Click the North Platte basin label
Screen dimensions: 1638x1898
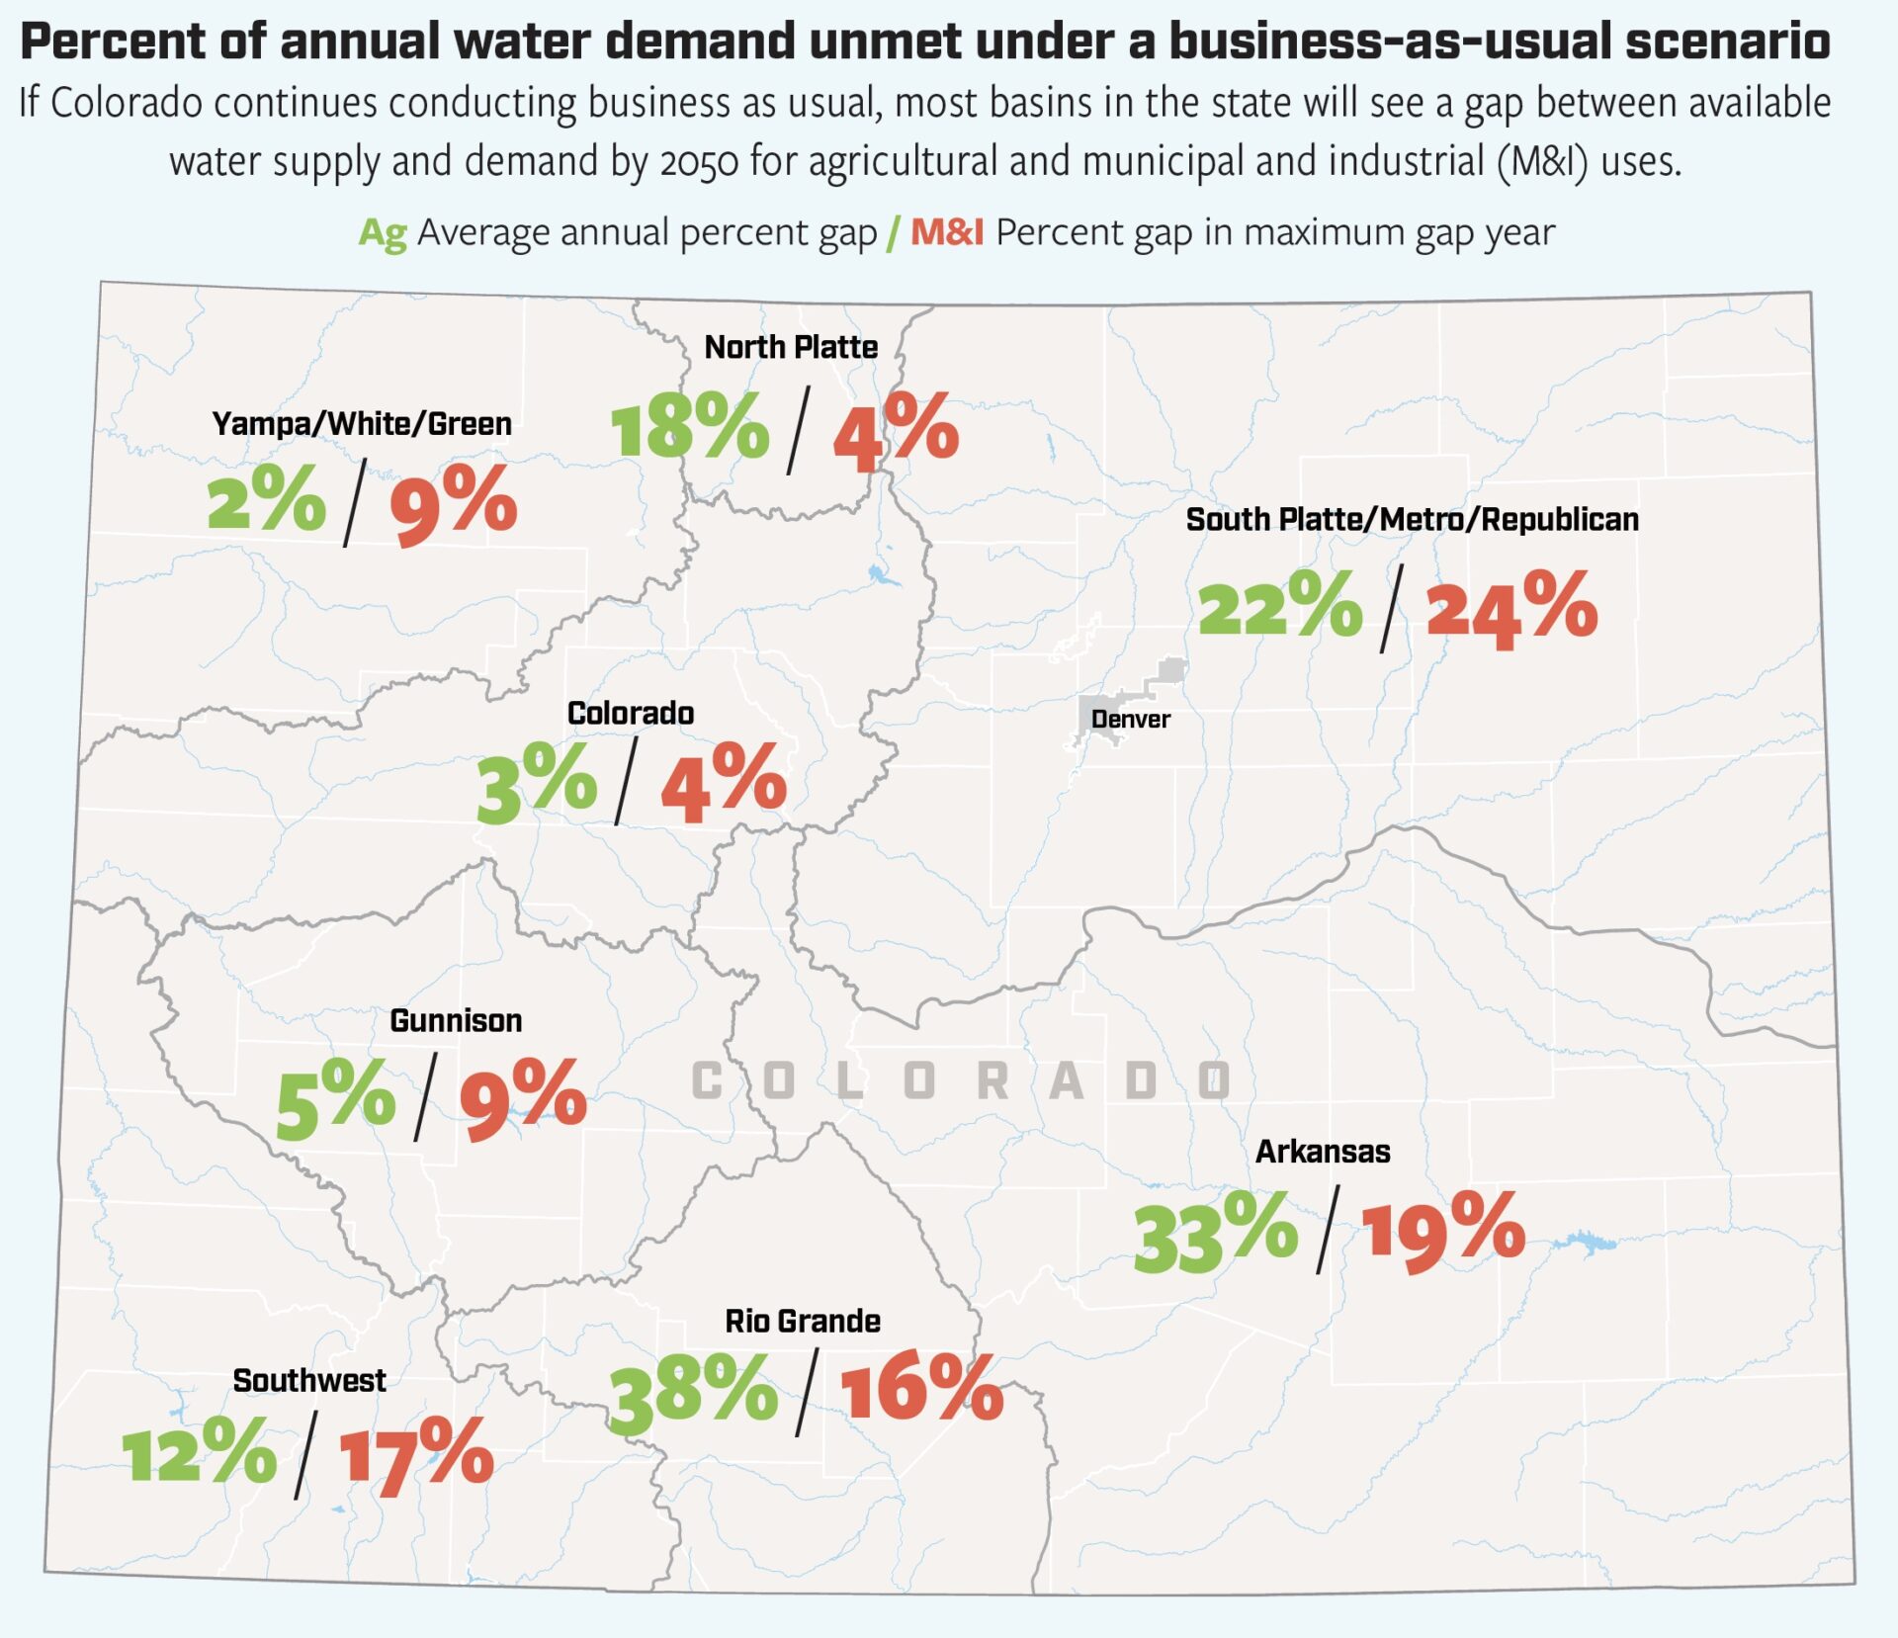[791, 347]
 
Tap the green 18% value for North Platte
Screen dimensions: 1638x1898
[689, 427]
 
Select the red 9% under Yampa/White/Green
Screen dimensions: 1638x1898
[454, 504]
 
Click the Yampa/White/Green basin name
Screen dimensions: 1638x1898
[362, 424]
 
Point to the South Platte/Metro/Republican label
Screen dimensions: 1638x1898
[1412, 520]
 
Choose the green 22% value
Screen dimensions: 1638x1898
[1279, 605]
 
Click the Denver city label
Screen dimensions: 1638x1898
[1130, 720]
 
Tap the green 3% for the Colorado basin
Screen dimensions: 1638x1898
[537, 784]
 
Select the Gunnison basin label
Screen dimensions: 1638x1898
[456, 1020]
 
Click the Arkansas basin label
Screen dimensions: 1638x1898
[1323, 1152]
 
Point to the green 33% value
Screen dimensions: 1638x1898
[1215, 1232]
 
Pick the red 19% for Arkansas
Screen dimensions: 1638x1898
[1443, 1232]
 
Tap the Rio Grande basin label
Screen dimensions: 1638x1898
[803, 1321]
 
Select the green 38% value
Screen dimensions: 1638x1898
[693, 1393]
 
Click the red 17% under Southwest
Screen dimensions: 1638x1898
[416, 1456]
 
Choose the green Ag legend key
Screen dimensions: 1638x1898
[383, 233]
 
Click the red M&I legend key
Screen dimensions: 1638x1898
[946, 233]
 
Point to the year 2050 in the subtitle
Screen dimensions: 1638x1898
[699, 162]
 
